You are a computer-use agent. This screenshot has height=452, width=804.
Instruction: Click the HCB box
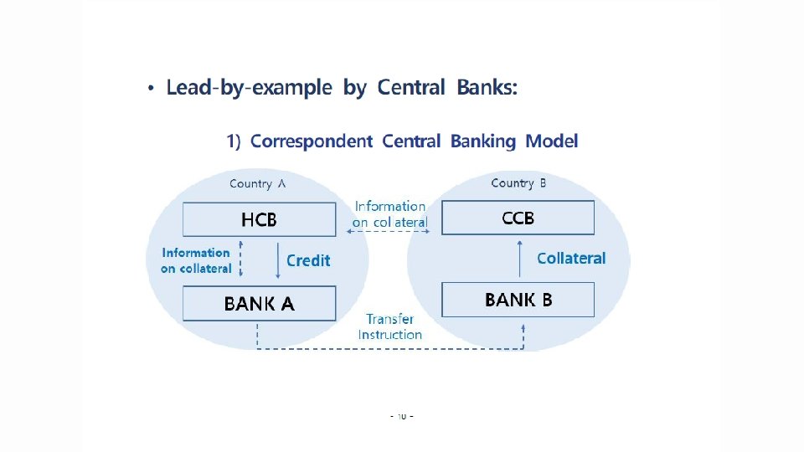pos(259,220)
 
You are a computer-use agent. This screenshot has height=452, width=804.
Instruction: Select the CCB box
pos(518,218)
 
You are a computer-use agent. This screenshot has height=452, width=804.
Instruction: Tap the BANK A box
pos(259,304)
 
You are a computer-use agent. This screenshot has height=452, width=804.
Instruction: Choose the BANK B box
pos(518,300)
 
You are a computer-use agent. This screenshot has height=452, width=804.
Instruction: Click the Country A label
pos(257,184)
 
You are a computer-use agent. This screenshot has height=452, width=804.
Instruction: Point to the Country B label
pos(518,183)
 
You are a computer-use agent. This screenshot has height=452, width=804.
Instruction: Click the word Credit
pos(308,260)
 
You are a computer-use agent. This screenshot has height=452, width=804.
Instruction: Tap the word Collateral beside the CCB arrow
pos(571,259)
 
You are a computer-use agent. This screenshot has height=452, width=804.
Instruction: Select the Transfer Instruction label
pos(389,326)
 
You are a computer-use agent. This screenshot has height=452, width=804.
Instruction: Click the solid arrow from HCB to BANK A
pos(278,260)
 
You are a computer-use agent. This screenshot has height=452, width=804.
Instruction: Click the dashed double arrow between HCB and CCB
pos(389,232)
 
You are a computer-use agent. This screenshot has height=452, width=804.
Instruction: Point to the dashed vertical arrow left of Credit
pos(240,259)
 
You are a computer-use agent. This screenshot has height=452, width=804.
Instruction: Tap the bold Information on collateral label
pos(196,260)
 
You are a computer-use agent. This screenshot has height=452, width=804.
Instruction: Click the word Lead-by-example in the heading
pos(249,88)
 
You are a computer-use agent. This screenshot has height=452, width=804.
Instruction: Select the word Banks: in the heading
pos(487,88)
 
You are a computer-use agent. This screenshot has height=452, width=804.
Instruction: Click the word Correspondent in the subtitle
pos(311,141)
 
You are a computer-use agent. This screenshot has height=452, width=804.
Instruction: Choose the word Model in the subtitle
pos(551,141)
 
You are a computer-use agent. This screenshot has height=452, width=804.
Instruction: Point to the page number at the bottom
pos(402,415)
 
